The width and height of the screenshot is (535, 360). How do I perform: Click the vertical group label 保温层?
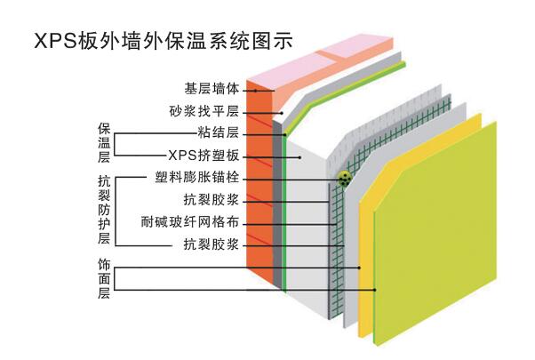point(104,142)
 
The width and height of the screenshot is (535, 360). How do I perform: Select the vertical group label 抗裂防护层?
point(104,208)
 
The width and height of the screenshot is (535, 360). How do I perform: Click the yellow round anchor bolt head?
point(344,179)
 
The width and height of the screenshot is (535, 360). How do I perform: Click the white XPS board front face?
point(307,222)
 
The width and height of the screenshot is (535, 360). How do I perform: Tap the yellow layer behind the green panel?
point(365,267)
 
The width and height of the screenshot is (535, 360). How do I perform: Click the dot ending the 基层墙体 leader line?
point(256,90)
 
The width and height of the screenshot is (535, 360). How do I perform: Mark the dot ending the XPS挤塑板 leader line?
point(301,156)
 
